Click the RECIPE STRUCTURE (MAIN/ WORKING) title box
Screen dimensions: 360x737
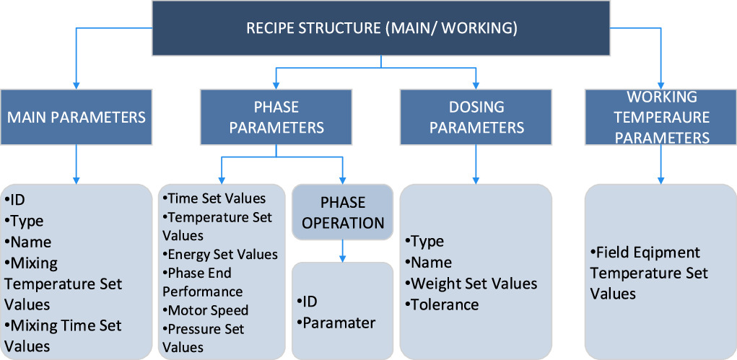[x=381, y=28]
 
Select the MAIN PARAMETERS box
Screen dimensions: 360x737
[x=76, y=116]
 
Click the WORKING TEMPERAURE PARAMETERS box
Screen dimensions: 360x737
[x=661, y=116]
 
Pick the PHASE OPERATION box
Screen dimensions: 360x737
[x=342, y=212]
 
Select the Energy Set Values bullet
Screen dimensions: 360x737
[x=221, y=254]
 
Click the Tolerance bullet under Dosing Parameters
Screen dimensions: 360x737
[x=444, y=304]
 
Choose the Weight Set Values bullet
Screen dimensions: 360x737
[x=473, y=284]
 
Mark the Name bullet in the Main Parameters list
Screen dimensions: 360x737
[x=28, y=242]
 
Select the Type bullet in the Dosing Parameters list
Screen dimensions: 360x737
[x=427, y=241]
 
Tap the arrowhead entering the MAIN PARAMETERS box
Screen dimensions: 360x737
[x=76, y=84]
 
